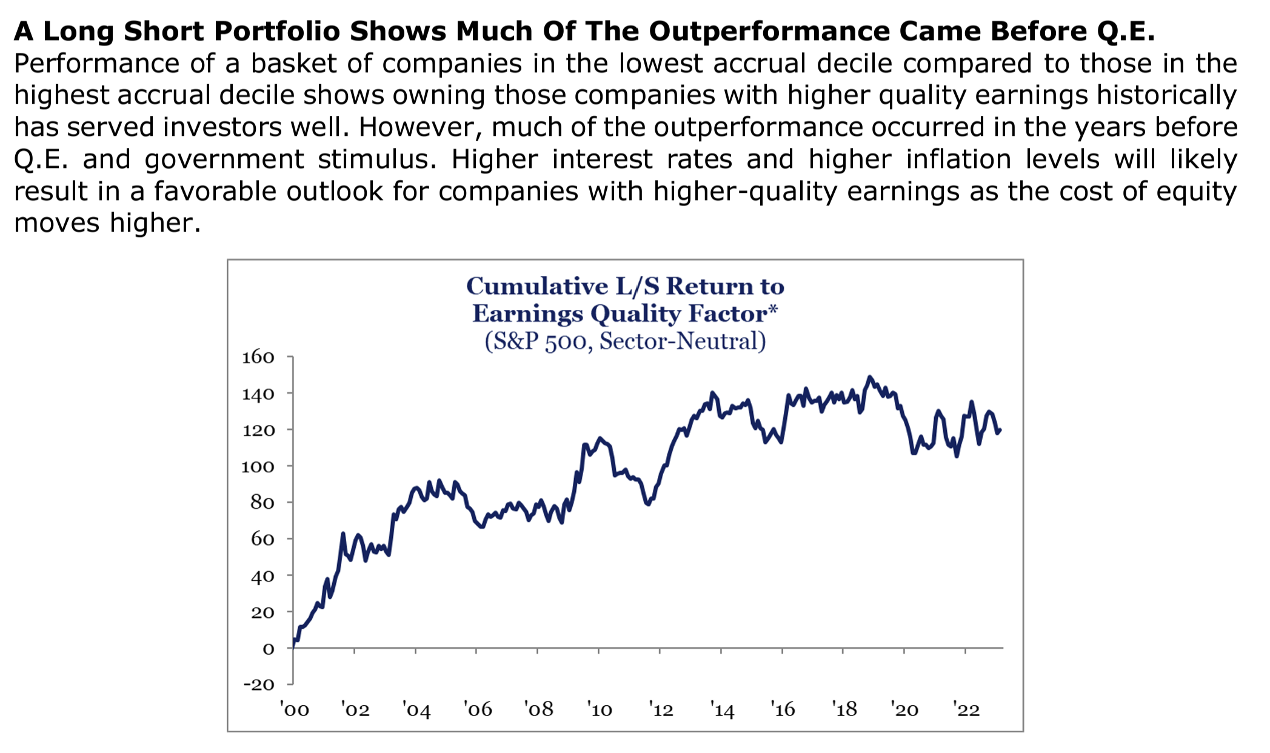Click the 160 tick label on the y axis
point(258,357)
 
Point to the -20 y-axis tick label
point(259,684)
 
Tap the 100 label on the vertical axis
point(258,466)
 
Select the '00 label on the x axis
point(295,709)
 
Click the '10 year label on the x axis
point(600,709)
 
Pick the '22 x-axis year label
point(966,709)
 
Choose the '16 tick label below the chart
point(783,709)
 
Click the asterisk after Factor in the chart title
point(773,310)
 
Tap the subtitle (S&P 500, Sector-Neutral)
point(625,341)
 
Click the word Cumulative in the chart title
point(537,286)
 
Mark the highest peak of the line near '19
point(870,377)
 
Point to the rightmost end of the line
point(1000,430)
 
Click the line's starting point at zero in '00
point(293,646)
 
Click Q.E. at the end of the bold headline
point(1126,32)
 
